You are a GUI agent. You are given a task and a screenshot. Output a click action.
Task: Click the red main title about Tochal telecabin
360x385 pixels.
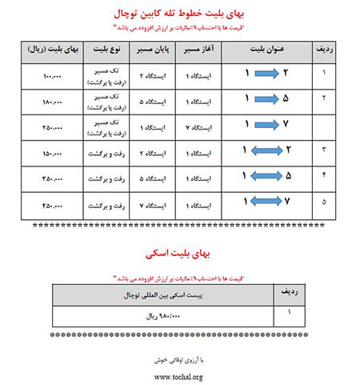click(179, 14)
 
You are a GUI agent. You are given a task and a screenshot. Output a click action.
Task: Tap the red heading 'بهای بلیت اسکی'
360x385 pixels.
click(179, 251)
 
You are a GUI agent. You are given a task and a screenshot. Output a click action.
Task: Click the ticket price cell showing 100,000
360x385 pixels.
click(49, 75)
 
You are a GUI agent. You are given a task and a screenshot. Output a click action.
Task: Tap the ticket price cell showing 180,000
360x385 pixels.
click(49, 102)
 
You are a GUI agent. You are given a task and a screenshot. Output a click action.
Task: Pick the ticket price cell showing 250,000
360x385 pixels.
click(49, 126)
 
